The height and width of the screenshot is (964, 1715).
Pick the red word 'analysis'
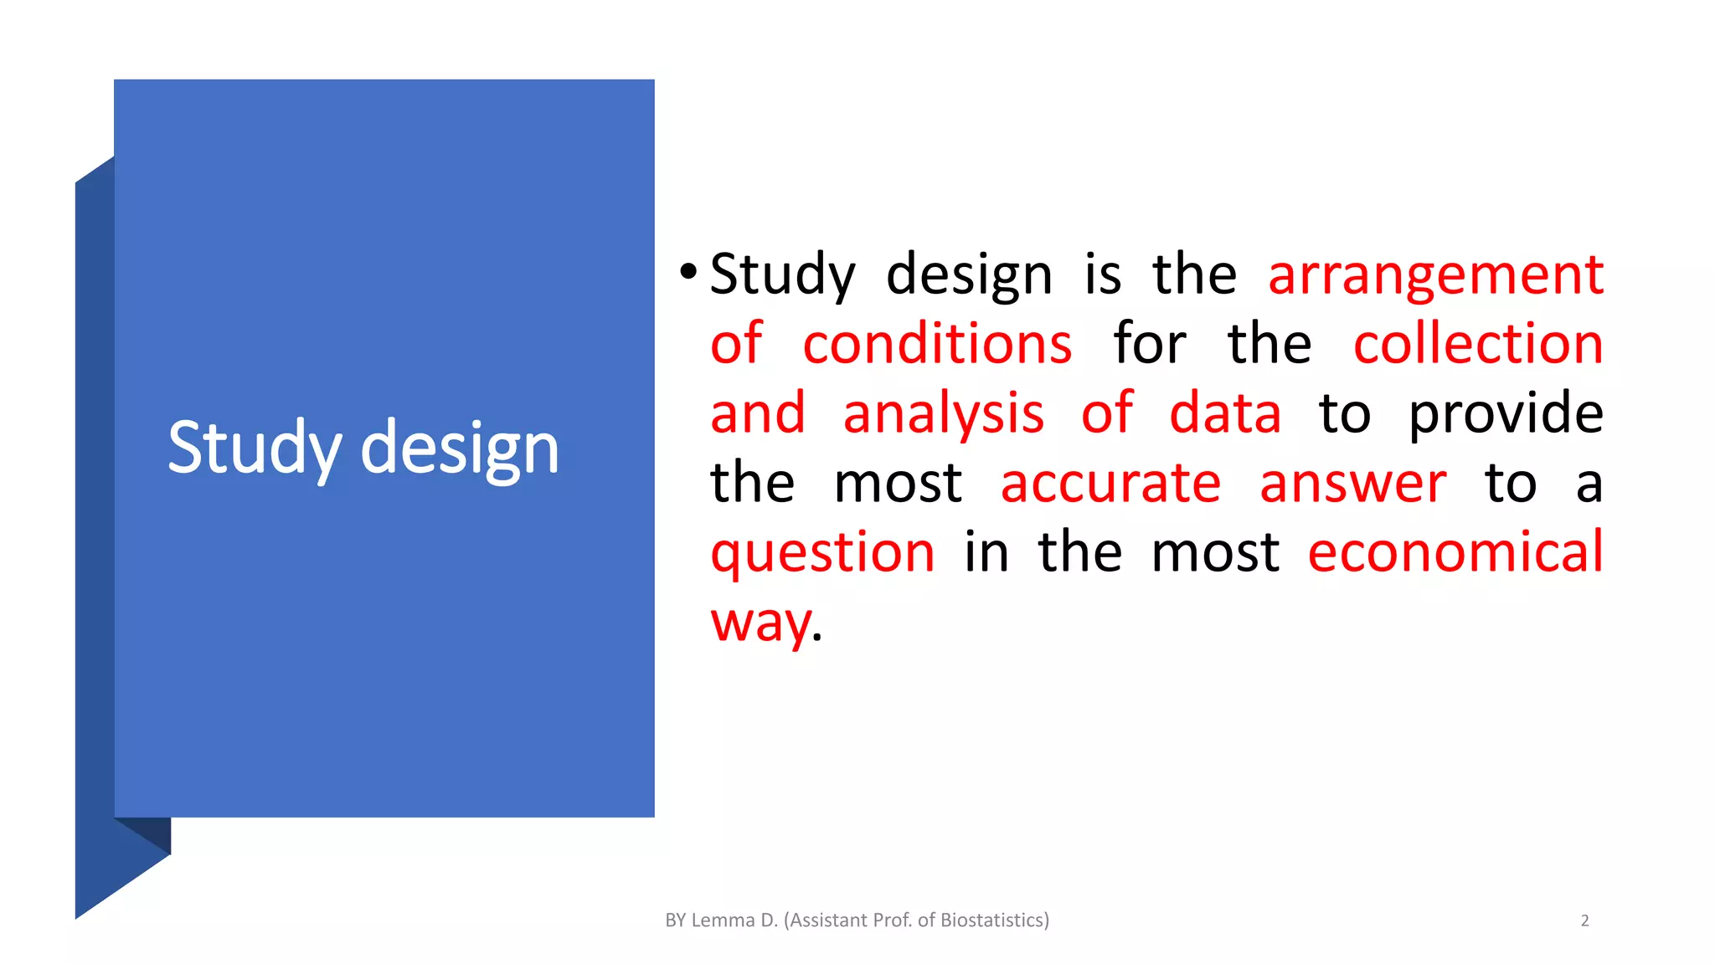(944, 413)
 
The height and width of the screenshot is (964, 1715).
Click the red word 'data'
(1224, 413)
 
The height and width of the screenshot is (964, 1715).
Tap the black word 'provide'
(1506, 415)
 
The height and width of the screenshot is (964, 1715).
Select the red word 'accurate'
(1110, 484)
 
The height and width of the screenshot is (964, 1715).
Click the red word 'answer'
(1352, 484)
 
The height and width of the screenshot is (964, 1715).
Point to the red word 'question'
(822, 554)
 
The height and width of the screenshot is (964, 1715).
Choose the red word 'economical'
(1455, 552)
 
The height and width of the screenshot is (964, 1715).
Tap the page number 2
(1584, 920)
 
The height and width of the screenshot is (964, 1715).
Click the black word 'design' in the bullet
(969, 276)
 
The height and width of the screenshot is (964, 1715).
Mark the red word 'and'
(758, 413)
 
